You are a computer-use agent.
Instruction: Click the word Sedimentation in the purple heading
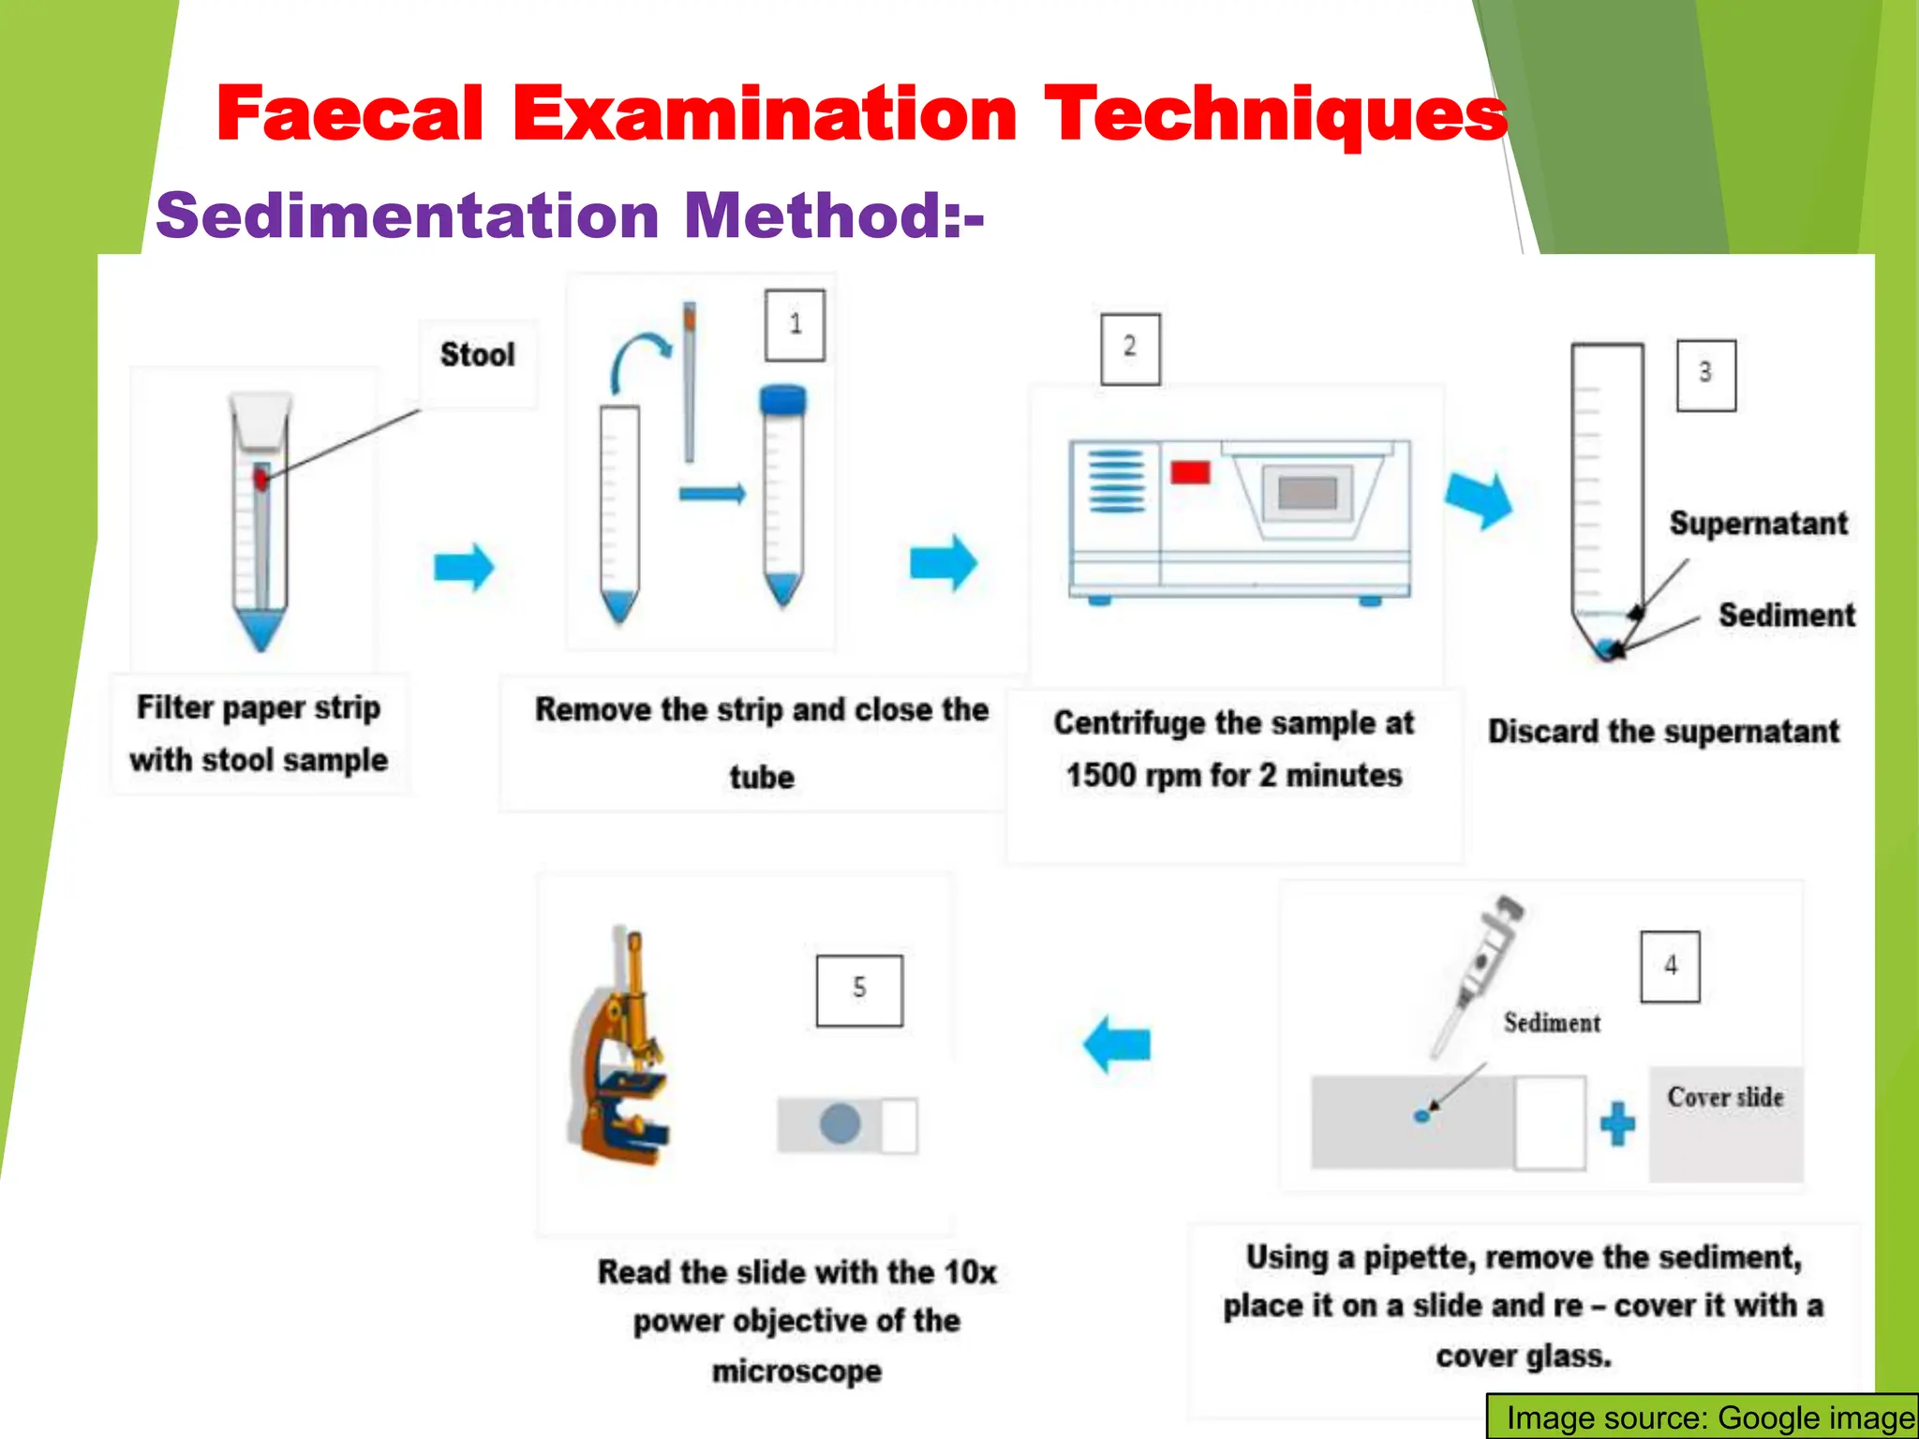coord(408,215)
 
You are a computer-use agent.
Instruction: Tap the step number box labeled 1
coord(795,325)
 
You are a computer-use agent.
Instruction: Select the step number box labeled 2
coord(1129,349)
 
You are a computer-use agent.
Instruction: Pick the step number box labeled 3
coord(1705,375)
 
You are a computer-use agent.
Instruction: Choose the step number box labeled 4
coord(1670,967)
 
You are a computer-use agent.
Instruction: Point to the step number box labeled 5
coord(859,990)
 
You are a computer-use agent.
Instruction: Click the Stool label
coord(477,355)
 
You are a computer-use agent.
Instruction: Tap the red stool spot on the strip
coord(260,480)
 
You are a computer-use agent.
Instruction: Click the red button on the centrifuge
coord(1189,471)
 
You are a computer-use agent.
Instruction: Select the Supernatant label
coord(1758,524)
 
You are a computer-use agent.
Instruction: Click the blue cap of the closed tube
coord(782,400)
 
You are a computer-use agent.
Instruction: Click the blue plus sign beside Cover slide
coord(1616,1123)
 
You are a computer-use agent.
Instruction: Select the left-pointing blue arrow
coord(1117,1044)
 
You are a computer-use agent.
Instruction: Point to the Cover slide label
coord(1725,1097)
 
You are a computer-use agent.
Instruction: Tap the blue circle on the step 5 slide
coord(840,1123)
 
